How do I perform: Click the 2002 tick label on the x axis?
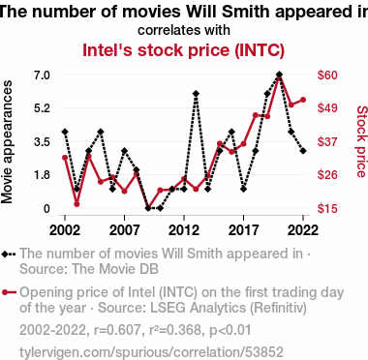click(65, 230)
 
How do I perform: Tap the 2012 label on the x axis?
click(184, 230)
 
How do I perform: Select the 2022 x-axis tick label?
click(303, 230)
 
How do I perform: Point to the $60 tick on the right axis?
click(327, 75)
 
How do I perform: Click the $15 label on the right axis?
click(327, 208)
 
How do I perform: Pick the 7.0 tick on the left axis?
click(42, 75)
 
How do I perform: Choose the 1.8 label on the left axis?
click(42, 175)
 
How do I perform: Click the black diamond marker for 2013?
click(196, 94)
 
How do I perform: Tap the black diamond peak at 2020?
click(279, 75)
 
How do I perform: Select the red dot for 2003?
click(77, 204)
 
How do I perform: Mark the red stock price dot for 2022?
click(303, 100)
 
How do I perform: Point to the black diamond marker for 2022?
click(303, 151)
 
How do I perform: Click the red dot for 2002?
click(65, 158)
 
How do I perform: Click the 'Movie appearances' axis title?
click(7, 142)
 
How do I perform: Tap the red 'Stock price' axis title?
click(361, 141)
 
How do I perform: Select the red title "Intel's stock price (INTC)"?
click(183, 50)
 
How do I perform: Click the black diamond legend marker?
click(5, 254)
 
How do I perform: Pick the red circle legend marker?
click(5, 292)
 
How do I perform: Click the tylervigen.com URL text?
click(151, 352)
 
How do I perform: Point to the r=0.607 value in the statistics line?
click(118, 330)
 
